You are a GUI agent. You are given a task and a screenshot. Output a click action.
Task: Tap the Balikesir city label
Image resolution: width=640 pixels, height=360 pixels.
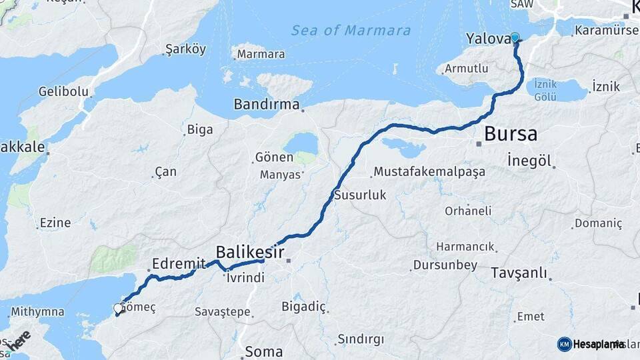pos(250,252)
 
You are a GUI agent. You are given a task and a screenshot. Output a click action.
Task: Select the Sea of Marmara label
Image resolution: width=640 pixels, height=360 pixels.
pos(351,31)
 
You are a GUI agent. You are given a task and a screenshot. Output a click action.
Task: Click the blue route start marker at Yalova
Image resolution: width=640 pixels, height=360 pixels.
pos(515,38)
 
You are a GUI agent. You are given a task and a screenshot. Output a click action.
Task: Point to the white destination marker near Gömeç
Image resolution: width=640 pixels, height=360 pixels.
pos(118,309)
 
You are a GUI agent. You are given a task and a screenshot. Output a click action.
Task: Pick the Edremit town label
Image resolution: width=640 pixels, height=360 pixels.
pos(179,264)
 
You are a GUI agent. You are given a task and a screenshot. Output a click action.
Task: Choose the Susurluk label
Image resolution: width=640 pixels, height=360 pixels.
pos(360,195)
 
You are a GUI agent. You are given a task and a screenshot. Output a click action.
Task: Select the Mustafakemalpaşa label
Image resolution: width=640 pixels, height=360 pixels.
pos(429,172)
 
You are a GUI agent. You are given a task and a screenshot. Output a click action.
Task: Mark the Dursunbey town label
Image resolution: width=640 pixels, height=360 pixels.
pos(445,265)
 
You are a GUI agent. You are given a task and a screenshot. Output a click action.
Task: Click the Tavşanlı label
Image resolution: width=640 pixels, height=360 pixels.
pos(519,273)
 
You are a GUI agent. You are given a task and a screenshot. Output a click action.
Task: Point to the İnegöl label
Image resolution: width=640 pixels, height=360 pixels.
pos(529,161)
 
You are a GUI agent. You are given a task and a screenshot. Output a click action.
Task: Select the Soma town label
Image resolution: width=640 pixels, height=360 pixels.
pos(264,351)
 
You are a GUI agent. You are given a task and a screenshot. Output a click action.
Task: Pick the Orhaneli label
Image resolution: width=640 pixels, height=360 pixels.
pos(468,211)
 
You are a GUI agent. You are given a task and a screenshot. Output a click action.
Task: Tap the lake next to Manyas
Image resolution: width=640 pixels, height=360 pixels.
pos(301,145)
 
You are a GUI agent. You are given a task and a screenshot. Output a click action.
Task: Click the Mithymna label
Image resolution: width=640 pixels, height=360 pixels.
pos(37,311)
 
